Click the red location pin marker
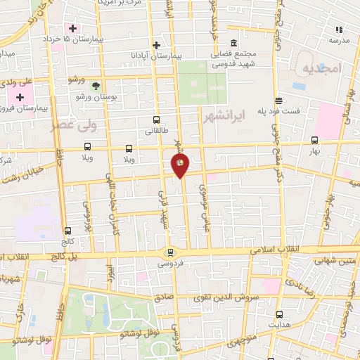click(x=180, y=165)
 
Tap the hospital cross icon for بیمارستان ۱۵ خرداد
click(x=73, y=28)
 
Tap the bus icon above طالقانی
click(x=156, y=120)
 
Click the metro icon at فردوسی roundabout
click(x=169, y=252)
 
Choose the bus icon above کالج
click(x=67, y=231)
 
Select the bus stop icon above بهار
click(x=314, y=139)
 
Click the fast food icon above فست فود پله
click(x=279, y=101)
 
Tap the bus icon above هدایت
click(x=279, y=314)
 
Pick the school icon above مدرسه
click(x=340, y=30)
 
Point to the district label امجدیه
click(x=321, y=68)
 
